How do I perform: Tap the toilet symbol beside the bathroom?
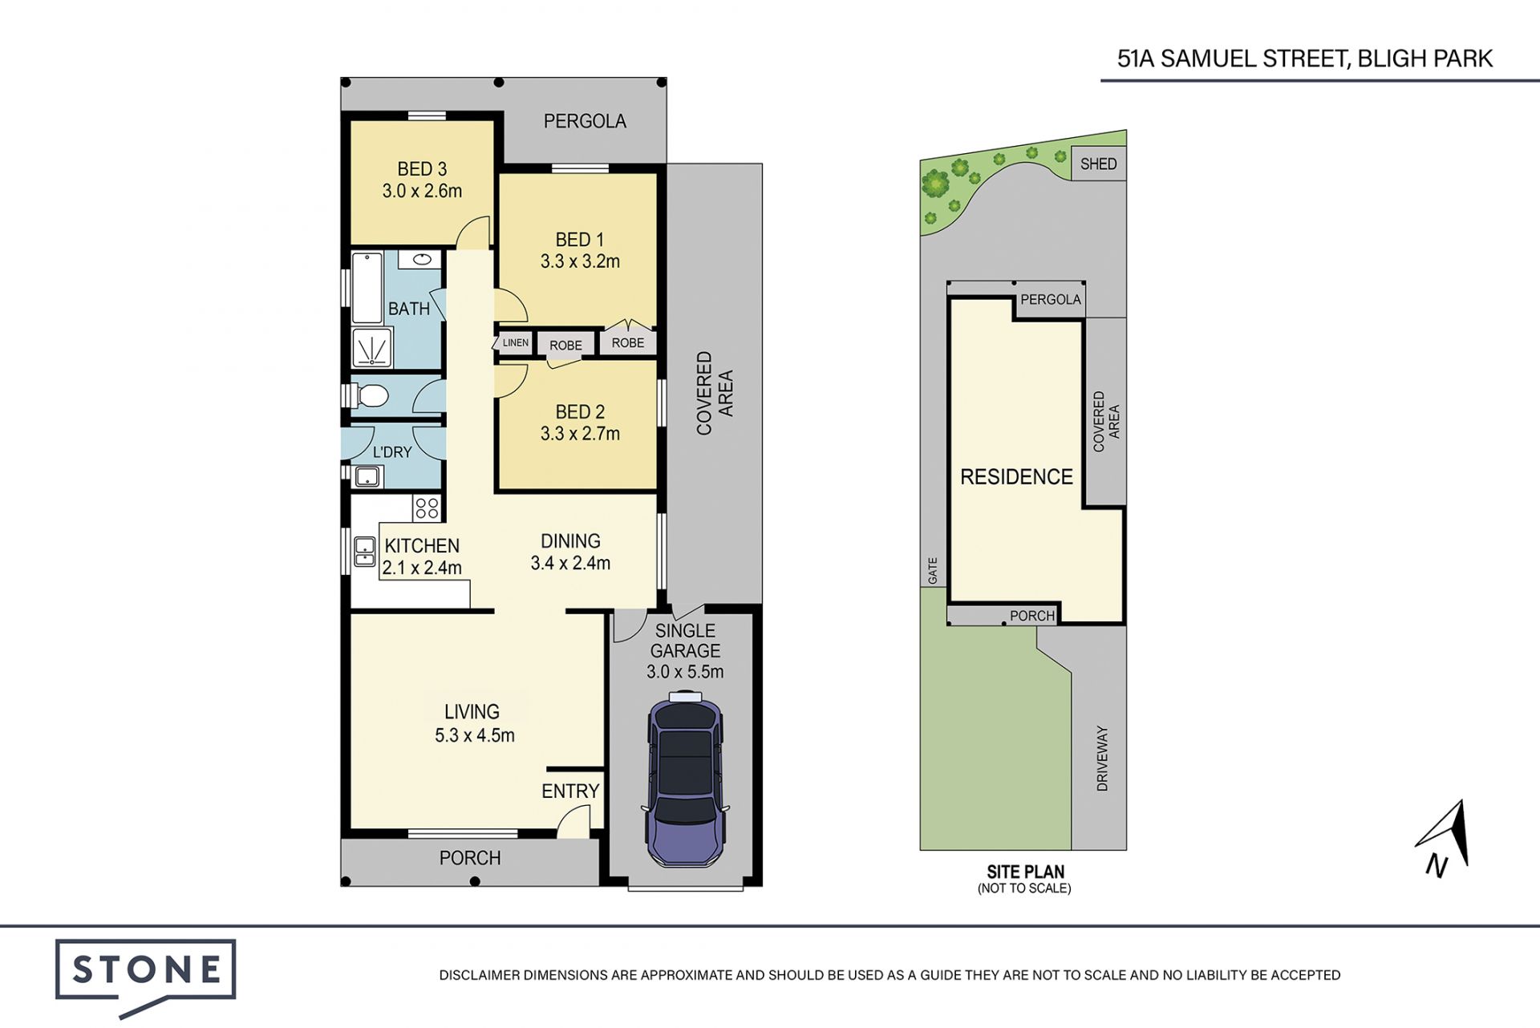[368, 395]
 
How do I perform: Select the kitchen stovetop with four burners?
[427, 508]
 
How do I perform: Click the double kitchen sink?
[364, 552]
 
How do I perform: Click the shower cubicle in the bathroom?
[371, 347]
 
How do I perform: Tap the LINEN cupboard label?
[515, 342]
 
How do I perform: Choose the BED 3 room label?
[422, 169]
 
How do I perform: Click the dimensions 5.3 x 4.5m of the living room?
[475, 735]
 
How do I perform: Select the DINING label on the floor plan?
[570, 541]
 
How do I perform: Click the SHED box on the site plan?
[1098, 164]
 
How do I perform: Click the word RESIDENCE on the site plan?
[1016, 477]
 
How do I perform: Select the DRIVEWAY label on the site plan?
[1102, 759]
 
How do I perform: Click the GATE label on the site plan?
[933, 570]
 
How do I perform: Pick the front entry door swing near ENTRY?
[573, 823]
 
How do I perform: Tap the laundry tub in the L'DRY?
[367, 477]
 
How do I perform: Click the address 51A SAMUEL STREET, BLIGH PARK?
[1305, 59]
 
